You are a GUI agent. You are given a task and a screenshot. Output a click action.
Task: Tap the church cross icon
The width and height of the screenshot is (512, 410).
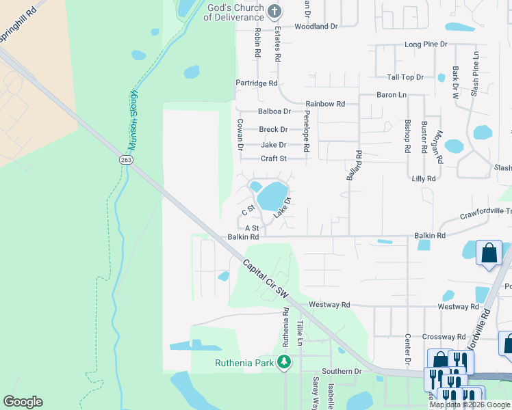[x=274, y=11]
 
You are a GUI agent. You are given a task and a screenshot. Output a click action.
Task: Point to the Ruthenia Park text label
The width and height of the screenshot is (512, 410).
[x=244, y=362]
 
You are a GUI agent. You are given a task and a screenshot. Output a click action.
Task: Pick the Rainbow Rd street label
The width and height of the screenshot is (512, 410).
[x=325, y=104]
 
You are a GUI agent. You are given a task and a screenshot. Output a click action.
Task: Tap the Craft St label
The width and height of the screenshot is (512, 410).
[x=273, y=159]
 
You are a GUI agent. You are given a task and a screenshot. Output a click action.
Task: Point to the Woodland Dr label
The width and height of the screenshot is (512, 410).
[x=316, y=27]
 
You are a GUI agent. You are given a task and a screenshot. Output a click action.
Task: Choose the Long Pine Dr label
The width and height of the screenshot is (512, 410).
[x=425, y=44]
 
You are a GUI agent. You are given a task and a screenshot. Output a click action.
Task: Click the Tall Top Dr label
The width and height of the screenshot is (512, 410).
[x=405, y=78]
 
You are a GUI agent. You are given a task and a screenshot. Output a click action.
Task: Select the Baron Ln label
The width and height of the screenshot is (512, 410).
[x=392, y=95]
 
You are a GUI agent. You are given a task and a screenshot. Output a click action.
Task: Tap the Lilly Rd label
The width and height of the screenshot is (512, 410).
[x=424, y=178]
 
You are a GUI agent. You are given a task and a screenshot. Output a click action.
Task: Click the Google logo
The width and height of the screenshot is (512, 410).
[x=23, y=402]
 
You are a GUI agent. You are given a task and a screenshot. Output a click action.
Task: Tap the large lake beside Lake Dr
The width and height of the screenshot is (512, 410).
[x=272, y=196]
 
